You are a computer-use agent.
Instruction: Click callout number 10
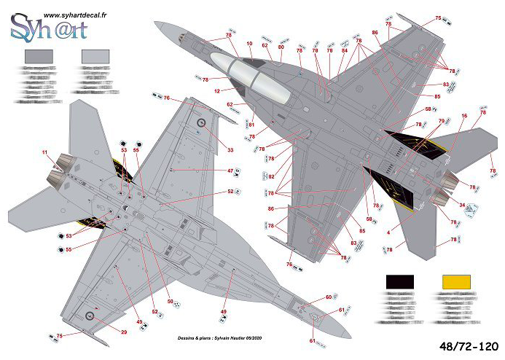[250, 44]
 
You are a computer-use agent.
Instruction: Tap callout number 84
[345, 50]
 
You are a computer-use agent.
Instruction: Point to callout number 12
[217, 92]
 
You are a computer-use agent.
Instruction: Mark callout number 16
[464, 116]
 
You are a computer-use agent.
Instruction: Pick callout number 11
[45, 152]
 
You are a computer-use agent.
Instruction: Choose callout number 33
[230, 151]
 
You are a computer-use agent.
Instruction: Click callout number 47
[230, 171]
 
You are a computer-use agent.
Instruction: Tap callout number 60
[328, 297]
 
